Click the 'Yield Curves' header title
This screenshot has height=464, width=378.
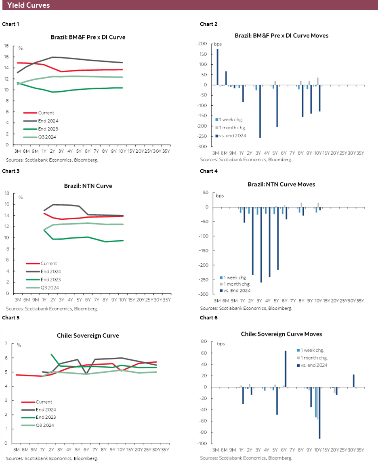(29, 5)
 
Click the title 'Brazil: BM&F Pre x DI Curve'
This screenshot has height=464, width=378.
(88, 37)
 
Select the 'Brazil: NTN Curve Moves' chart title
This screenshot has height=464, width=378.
(281, 184)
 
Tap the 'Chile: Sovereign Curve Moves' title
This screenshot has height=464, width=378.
(281, 334)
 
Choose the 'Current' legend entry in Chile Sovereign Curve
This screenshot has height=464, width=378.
(44, 402)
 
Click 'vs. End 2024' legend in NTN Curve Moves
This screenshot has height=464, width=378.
(237, 290)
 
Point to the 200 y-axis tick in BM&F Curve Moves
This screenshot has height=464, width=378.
(203, 44)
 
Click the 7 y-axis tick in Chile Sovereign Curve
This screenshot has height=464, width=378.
(6, 343)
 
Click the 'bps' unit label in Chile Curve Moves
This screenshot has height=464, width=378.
(221, 344)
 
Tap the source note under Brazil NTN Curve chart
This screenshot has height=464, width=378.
(52, 309)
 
